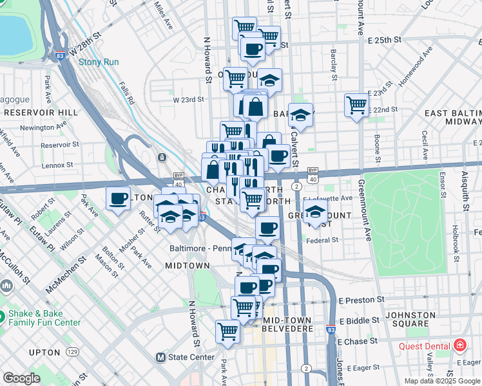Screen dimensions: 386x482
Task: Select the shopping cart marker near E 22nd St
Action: pos(356,105)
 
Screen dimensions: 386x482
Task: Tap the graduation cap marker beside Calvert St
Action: pos(300,116)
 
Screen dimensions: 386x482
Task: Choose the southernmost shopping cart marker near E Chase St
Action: pos(227,331)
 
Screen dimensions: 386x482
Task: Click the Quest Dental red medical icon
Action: pos(459,345)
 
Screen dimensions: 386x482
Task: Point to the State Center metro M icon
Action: pos(161,357)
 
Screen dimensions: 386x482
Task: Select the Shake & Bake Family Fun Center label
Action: pos(44,318)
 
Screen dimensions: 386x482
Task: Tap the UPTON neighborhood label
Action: pos(44,352)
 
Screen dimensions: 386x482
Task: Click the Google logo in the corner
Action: pos(21,378)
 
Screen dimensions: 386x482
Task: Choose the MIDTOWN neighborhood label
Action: pos(187,265)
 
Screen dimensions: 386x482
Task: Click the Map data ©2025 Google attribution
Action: pos(441,381)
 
